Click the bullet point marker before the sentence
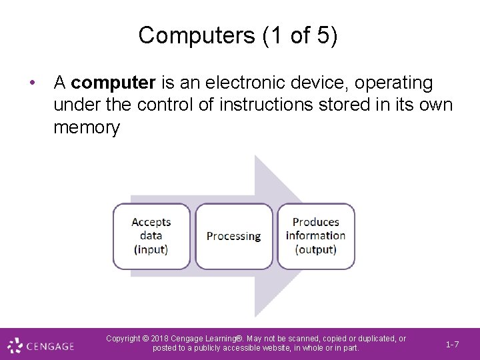(32, 83)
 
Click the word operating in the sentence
(394, 83)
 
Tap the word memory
(87, 127)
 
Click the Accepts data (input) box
(151, 236)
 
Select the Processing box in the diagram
(233, 236)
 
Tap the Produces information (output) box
(316, 236)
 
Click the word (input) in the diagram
(151, 249)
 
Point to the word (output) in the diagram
(316, 249)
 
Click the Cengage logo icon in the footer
(15, 345)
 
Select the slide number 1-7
(452, 345)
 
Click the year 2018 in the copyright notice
(163, 339)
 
